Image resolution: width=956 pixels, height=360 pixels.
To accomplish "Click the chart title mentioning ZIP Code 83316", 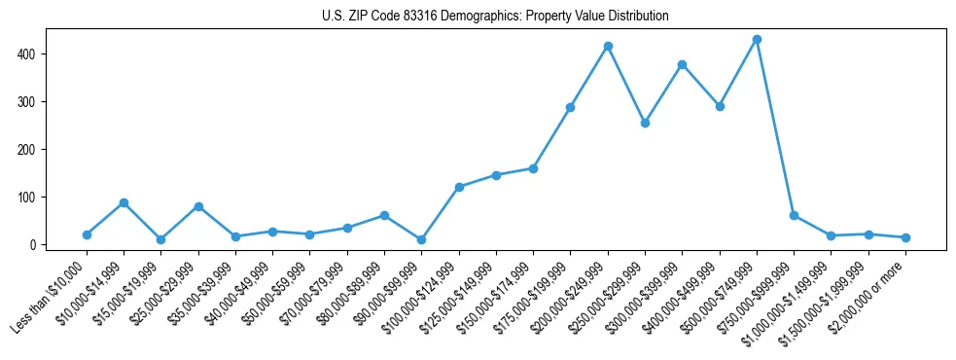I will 495,17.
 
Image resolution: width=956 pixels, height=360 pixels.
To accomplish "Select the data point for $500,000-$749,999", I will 757,40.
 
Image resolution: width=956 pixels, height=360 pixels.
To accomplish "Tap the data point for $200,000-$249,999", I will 608,47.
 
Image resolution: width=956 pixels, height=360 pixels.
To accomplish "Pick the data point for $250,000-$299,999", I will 645,124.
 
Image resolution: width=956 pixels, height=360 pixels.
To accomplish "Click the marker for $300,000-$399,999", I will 682,65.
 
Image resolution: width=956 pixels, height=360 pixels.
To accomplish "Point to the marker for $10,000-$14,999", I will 124,202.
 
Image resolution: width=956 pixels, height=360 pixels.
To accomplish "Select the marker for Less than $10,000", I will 87,234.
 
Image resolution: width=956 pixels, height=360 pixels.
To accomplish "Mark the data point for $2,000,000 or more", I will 905,237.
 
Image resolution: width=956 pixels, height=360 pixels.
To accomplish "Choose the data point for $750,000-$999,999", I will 794,215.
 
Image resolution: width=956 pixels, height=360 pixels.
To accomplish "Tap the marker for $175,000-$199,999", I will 570,107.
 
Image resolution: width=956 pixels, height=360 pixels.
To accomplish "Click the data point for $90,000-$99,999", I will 421,239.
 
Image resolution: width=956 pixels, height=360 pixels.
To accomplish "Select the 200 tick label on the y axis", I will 29,150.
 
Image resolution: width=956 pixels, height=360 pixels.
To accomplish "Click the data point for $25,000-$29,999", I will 198,206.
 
